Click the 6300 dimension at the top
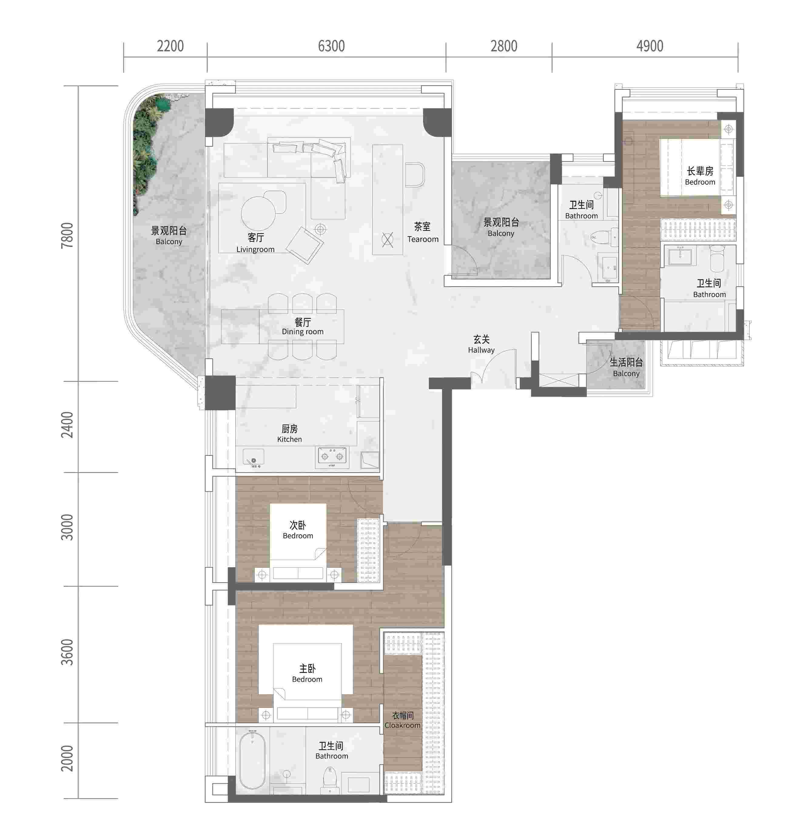[x=331, y=46]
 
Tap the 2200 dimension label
[x=170, y=46]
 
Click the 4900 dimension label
[x=650, y=46]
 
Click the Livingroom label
[x=255, y=249]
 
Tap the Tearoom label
[x=423, y=239]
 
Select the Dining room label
[x=303, y=332]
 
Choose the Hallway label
[x=481, y=350]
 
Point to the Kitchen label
[x=290, y=439]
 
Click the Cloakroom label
[x=402, y=725]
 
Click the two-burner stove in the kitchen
[x=332, y=456]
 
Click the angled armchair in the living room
[x=305, y=245]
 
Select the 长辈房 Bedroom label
[x=700, y=176]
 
